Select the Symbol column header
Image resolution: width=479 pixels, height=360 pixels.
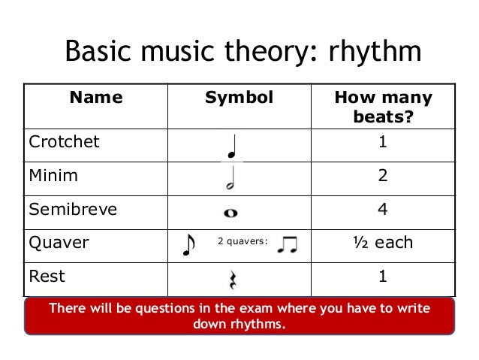(239, 98)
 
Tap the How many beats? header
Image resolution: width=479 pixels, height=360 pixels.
(383, 107)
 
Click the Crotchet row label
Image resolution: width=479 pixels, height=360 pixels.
(64, 142)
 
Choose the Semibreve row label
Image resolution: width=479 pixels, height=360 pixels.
(73, 210)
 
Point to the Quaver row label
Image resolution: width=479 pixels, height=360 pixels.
(59, 243)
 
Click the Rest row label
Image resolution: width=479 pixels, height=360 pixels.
(47, 276)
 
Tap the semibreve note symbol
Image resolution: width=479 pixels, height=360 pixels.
(230, 213)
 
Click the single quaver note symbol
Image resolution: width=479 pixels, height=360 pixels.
(188, 244)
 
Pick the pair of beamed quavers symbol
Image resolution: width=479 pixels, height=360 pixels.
(287, 244)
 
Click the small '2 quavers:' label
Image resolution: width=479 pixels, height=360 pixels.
(242, 242)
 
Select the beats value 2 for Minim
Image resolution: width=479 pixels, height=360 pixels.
(383, 176)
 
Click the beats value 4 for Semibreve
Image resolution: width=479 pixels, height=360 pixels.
(383, 210)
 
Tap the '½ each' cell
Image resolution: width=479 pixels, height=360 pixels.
(383, 243)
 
